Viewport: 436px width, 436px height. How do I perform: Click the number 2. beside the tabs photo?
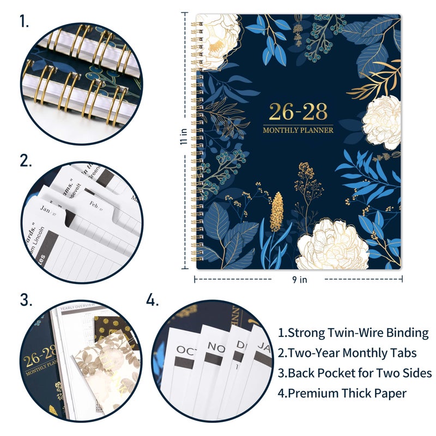[25, 161]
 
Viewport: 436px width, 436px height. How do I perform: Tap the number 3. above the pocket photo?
[26, 299]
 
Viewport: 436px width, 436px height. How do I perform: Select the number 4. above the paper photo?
[153, 299]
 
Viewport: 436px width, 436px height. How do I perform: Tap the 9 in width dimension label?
[299, 280]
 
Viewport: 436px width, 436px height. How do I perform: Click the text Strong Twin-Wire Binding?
[353, 332]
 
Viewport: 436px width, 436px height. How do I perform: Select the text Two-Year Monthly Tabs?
[347, 353]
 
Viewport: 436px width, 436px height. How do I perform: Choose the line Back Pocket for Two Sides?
[355, 373]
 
